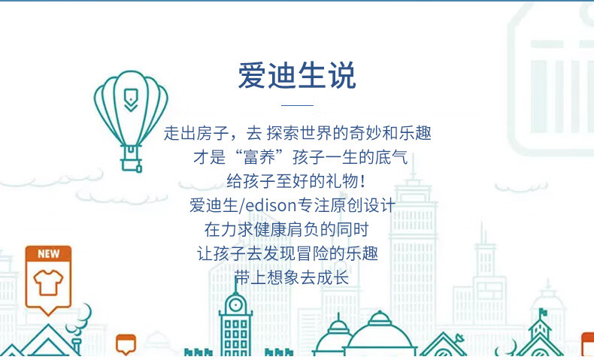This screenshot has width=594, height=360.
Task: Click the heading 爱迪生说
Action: pyautogui.click(x=297, y=75)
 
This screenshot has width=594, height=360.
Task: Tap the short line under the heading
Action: pyautogui.click(x=298, y=106)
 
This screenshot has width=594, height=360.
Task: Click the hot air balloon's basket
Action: pyautogui.click(x=131, y=164)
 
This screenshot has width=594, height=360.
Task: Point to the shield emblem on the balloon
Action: pyautogui.click(x=131, y=100)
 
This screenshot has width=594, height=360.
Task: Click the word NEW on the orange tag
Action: pyautogui.click(x=48, y=253)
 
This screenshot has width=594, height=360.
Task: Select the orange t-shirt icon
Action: pyautogui.click(x=48, y=283)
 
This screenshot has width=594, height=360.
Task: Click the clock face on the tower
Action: pyautogui.click(x=235, y=304)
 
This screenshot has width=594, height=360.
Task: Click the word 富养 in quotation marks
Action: pyautogui.click(x=259, y=157)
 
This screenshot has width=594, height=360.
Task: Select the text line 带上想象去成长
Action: pyautogui.click(x=291, y=278)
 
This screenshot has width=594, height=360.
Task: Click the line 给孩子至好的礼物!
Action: pyautogui.click(x=296, y=181)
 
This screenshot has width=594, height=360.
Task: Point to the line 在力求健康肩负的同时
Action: pyautogui.click(x=286, y=229)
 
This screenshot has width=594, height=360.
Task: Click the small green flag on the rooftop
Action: pyautogui.click(x=543, y=313)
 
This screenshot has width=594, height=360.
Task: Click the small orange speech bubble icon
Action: pyautogui.click(x=126, y=343)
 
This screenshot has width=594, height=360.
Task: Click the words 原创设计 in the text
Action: pyautogui.click(x=362, y=205)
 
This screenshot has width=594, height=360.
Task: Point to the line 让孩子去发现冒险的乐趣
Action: pyautogui.click(x=287, y=253)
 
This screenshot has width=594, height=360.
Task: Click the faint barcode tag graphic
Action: pyautogui.click(x=551, y=80)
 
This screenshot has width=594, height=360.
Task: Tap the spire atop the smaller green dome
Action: pyautogui.click(x=338, y=317)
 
